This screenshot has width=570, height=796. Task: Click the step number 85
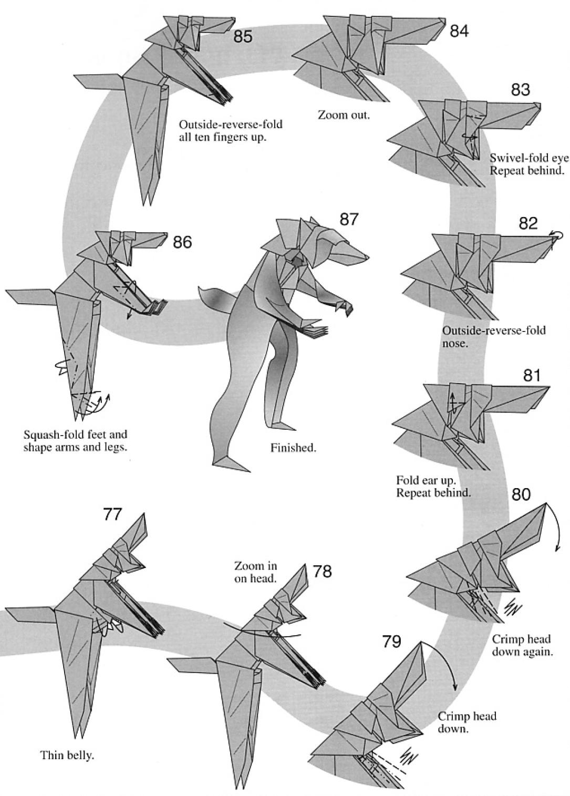(243, 37)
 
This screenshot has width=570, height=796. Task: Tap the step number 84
(459, 31)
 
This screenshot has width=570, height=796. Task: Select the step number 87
(348, 219)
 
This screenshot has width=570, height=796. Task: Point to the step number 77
(112, 514)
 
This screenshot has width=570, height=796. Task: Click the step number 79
(392, 642)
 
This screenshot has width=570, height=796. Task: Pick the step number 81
(532, 375)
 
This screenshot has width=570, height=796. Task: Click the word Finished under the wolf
(293, 448)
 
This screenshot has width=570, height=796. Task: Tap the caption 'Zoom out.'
(344, 115)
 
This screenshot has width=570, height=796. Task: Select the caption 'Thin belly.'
(67, 756)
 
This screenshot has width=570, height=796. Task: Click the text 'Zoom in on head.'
(256, 572)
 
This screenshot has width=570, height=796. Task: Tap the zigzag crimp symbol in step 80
(513, 609)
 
